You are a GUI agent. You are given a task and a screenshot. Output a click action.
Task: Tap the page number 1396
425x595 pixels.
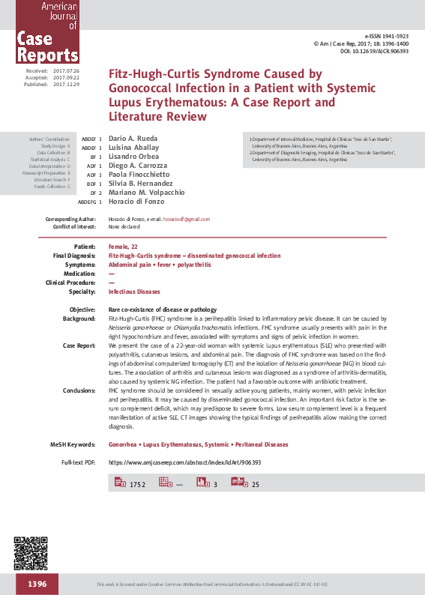37,584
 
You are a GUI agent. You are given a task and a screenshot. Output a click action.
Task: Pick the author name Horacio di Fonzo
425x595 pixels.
137,201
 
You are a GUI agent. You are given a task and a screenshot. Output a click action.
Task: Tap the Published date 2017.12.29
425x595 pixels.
66,85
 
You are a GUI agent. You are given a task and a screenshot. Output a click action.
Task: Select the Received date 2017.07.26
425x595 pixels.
66,70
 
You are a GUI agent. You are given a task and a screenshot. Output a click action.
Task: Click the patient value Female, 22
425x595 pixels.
124,246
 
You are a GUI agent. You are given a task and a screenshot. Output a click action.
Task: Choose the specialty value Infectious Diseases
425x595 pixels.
134,291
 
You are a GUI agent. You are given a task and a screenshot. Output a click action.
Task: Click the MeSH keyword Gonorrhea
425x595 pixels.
125,444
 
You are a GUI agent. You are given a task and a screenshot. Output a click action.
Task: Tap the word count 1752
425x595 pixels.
137,485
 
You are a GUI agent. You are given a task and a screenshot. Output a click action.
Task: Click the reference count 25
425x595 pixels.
256,485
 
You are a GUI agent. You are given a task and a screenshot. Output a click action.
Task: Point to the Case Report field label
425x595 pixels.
79,345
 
